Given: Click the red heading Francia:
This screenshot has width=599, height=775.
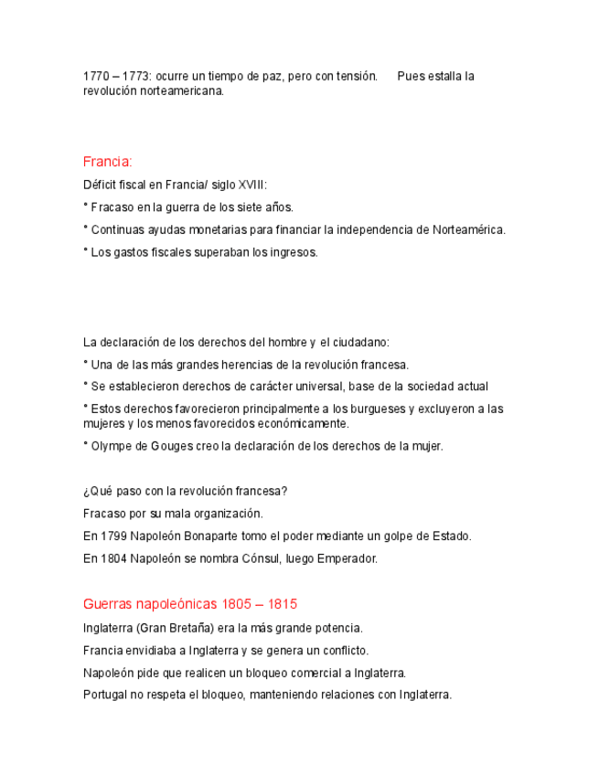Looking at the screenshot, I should tap(107, 162).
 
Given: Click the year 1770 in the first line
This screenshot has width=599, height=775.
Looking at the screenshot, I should tap(96, 76).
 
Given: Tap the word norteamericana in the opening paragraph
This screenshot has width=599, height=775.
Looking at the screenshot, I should tap(181, 91).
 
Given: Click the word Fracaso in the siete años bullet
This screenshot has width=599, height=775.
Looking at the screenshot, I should tap(112, 207).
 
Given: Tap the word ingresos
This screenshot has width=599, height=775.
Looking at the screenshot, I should tap(293, 252).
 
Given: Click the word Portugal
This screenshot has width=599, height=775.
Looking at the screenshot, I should tap(104, 695).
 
